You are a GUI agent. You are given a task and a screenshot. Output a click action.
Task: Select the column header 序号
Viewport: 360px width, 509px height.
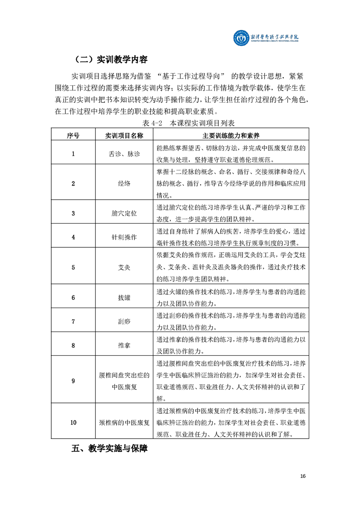click(x=73, y=135)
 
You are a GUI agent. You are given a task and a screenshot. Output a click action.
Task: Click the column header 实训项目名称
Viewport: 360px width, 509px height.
click(x=124, y=135)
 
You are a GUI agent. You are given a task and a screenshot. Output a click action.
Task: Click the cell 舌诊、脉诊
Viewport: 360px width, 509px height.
click(x=124, y=154)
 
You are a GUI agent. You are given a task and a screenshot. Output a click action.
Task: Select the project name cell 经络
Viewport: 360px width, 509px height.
click(x=124, y=183)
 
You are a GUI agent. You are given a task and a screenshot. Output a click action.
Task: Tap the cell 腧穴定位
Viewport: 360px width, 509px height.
click(x=124, y=213)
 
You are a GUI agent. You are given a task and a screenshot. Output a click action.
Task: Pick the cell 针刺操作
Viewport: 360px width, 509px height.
click(x=124, y=237)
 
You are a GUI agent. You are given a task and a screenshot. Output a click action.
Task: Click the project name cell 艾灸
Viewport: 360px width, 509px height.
click(x=124, y=267)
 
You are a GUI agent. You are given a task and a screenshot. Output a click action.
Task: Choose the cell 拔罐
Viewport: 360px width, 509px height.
click(x=124, y=297)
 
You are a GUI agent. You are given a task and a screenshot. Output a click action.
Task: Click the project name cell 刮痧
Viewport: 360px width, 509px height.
click(x=124, y=321)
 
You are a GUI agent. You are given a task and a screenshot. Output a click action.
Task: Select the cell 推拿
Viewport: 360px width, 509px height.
click(x=124, y=345)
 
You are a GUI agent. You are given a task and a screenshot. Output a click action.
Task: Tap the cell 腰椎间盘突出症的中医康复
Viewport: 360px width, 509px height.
click(x=124, y=381)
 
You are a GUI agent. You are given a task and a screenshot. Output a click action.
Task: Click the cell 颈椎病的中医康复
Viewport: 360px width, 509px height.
click(x=124, y=422)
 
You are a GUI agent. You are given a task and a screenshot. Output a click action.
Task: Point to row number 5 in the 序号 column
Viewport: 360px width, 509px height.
click(x=73, y=267)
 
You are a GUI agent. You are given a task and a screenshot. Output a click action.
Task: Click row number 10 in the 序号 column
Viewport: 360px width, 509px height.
click(x=73, y=422)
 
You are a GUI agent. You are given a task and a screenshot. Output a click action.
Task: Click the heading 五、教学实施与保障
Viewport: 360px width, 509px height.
click(x=109, y=449)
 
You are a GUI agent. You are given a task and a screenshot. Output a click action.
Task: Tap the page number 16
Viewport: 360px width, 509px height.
click(x=303, y=476)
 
